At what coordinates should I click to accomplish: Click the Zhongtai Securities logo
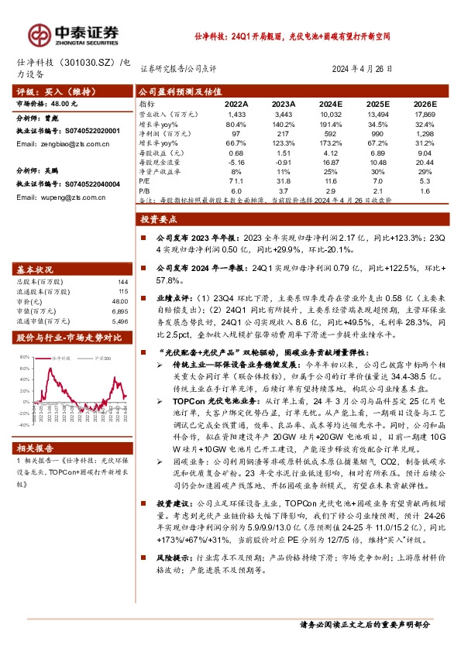(x=74, y=33)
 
